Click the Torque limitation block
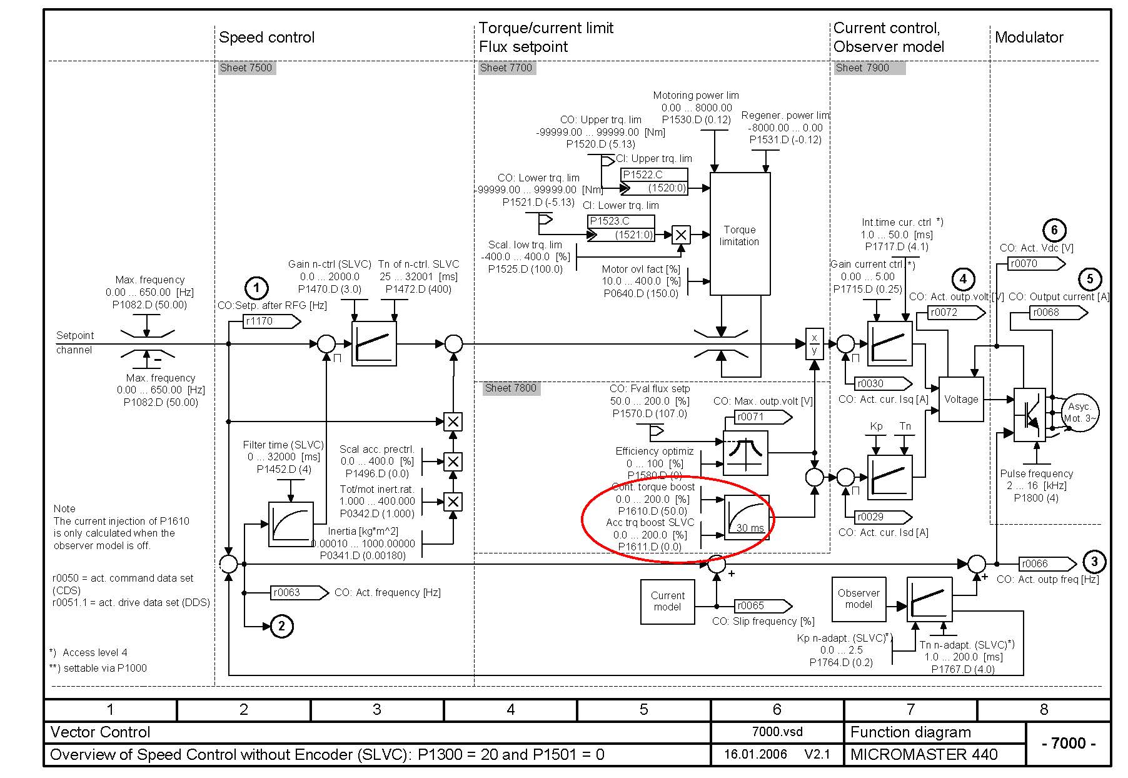(x=740, y=235)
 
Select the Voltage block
(x=961, y=399)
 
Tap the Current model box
(x=667, y=601)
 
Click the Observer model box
(x=859, y=599)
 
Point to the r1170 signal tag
(x=269, y=321)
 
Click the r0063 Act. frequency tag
(x=297, y=592)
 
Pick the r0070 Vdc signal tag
(x=1035, y=264)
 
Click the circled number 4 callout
(x=963, y=279)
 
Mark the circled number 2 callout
(x=281, y=626)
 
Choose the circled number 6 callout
(x=1054, y=230)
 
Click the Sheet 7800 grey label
(x=511, y=388)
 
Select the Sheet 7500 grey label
(x=246, y=68)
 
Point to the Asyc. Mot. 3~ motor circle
(x=1079, y=413)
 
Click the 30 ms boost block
(x=746, y=517)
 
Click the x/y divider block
(x=814, y=343)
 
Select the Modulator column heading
(x=1029, y=38)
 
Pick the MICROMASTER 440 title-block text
(x=924, y=754)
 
